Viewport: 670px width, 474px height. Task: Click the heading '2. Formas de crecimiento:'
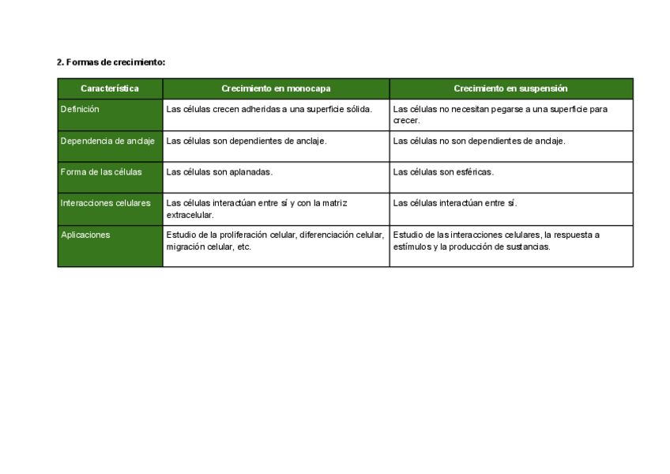coord(111,62)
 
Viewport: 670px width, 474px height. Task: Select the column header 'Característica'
coord(110,88)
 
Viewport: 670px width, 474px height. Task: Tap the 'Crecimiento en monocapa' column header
coord(276,88)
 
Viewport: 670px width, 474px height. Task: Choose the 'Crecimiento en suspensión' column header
coord(510,88)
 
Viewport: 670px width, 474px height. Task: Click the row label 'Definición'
coord(80,109)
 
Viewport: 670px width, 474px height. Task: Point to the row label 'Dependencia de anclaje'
coord(107,141)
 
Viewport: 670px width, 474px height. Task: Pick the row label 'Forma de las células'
coord(101,171)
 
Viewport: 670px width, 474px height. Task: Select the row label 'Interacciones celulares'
coord(105,203)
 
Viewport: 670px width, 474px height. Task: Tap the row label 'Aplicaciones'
coord(85,235)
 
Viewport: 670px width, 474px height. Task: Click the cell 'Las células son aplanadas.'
coord(219,171)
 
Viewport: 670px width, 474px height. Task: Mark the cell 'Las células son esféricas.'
coord(443,171)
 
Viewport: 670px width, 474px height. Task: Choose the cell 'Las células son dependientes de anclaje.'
coord(247,141)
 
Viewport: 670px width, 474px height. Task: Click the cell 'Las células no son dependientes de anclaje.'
coord(479,141)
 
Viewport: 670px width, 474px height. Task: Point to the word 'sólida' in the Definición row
coord(358,109)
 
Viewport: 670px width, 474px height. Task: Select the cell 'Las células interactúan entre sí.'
coord(454,203)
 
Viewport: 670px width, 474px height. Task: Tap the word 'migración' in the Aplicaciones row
coord(184,246)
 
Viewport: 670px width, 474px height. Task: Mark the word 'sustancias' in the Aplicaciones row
coord(529,246)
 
